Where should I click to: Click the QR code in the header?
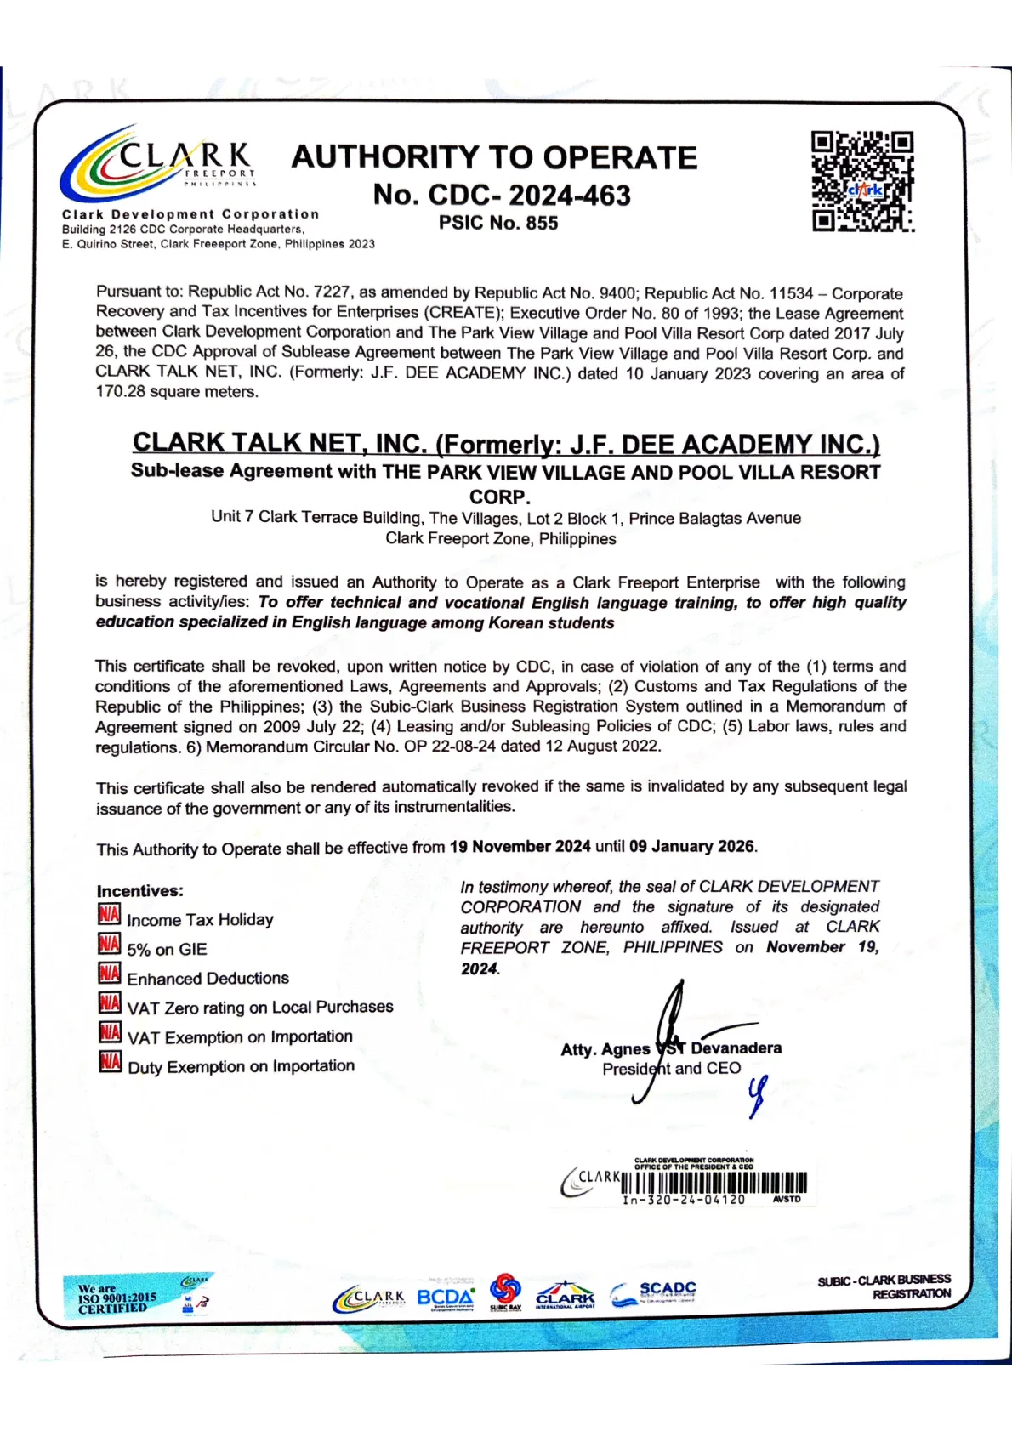tap(862, 181)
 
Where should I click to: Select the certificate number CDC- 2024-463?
tap(502, 195)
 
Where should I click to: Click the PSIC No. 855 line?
tap(498, 223)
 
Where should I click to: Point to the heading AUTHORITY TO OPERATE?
tap(494, 157)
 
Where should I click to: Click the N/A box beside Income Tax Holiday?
tap(109, 915)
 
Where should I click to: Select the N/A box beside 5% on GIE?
tap(109, 945)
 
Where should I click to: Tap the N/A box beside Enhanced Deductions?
tap(109, 974)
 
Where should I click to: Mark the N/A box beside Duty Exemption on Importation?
tap(110, 1062)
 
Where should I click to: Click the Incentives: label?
tap(139, 891)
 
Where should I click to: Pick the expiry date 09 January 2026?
tap(691, 847)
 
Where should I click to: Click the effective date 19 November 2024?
tap(520, 847)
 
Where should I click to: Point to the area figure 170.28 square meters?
tap(177, 392)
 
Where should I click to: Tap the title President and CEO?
tap(672, 1069)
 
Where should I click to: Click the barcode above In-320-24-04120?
tap(714, 1183)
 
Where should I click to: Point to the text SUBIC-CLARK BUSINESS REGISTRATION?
tap(884, 1286)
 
